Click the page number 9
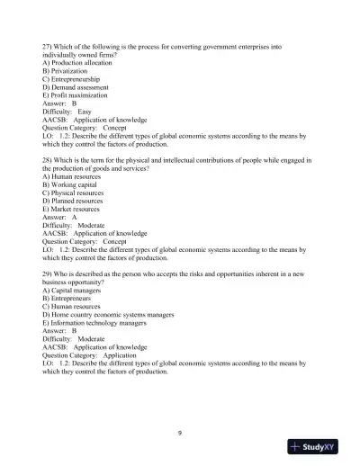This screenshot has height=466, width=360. coord(180,433)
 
